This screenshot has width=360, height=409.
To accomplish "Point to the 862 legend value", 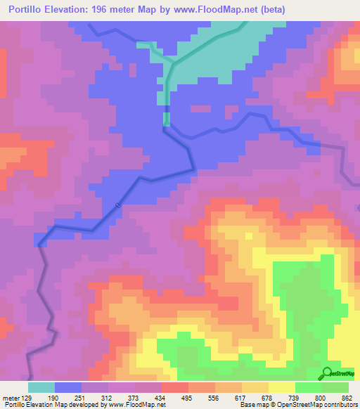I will tap(347, 398).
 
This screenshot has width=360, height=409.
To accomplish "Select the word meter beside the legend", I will tap(10, 398).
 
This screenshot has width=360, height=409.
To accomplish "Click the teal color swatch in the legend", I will tap(41, 387).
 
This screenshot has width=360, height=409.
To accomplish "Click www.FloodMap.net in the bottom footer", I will tap(138, 405).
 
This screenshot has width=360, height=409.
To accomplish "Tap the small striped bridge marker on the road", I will tap(119, 205).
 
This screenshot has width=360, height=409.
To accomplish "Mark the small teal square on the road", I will tap(167, 119).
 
